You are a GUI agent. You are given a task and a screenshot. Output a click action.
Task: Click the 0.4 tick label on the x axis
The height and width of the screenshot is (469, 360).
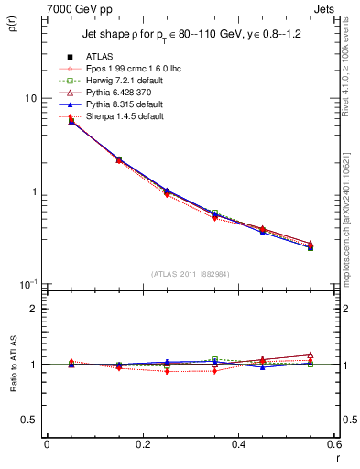[x=238, y=444]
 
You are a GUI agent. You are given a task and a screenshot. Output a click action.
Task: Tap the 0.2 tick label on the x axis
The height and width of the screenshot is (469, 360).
[x=142, y=444]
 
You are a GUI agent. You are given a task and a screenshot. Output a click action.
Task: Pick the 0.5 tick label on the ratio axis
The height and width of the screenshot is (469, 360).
[x=27, y=420]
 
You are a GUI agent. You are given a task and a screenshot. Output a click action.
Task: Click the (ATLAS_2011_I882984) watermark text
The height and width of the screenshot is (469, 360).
[x=191, y=274]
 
